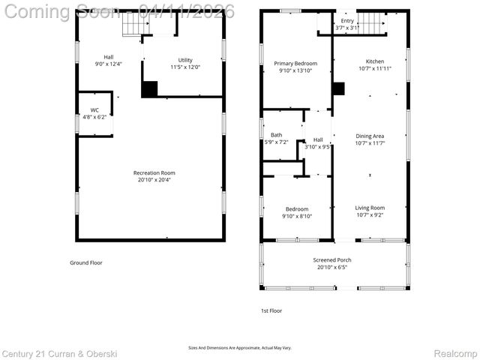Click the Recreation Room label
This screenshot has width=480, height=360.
154,172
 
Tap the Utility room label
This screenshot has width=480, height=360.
184,60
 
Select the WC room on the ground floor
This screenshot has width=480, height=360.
94,113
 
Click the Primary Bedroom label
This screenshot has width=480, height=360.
295,64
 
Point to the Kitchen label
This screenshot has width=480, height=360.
374,61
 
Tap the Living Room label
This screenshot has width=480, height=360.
370,208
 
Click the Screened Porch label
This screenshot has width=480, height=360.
332,260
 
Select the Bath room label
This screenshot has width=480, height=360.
276,135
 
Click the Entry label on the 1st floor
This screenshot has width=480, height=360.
347,21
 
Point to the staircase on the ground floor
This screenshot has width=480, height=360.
132,25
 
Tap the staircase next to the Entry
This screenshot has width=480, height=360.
372,23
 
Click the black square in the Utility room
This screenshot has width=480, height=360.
150,88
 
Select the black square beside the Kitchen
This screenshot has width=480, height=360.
338,88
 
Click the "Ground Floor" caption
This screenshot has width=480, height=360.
85,262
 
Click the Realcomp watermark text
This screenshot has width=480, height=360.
455,352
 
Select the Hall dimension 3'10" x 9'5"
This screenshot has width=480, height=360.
318,147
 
